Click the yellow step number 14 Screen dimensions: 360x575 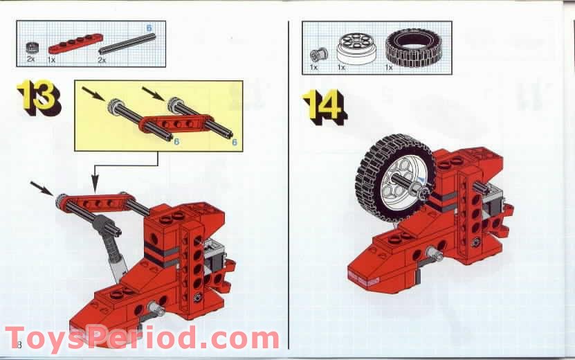point(324,105)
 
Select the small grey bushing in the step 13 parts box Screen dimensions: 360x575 point(30,48)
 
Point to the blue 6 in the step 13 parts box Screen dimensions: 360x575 point(149,28)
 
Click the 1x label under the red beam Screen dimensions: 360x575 point(51,60)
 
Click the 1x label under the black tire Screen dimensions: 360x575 point(389,68)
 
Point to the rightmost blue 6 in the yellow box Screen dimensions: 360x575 point(235,142)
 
